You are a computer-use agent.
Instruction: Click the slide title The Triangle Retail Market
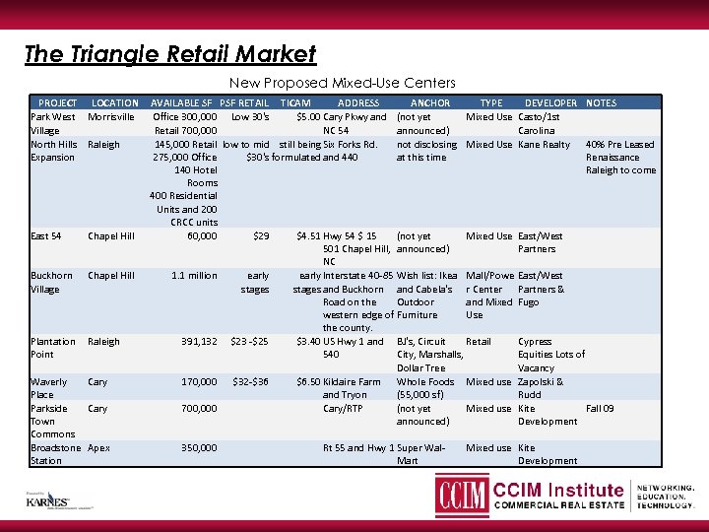click(169, 54)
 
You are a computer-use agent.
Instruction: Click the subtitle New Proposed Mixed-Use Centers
click(343, 83)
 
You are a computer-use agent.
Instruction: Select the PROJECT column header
click(57, 102)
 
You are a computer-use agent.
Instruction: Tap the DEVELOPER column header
click(550, 102)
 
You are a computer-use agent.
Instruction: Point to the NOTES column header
click(601, 102)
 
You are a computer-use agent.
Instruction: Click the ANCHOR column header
click(429, 102)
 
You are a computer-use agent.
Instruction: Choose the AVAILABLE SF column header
click(181, 102)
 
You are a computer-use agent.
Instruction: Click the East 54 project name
click(46, 236)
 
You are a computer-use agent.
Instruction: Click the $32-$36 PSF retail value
click(249, 381)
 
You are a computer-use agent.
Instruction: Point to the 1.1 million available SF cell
click(194, 276)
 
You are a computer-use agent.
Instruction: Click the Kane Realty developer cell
click(544, 145)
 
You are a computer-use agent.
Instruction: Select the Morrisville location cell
click(111, 116)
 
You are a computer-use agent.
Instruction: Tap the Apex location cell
click(98, 447)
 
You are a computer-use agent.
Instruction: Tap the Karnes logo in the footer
click(48, 499)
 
